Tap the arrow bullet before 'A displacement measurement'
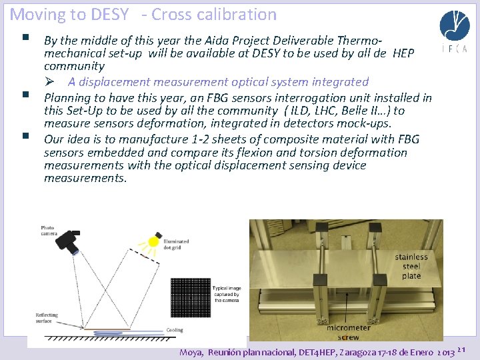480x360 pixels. click(59, 82)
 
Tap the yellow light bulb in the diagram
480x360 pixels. click(155, 241)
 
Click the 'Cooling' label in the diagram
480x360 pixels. click(174, 329)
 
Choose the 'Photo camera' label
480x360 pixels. click(49, 231)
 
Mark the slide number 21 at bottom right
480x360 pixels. click(465, 349)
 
